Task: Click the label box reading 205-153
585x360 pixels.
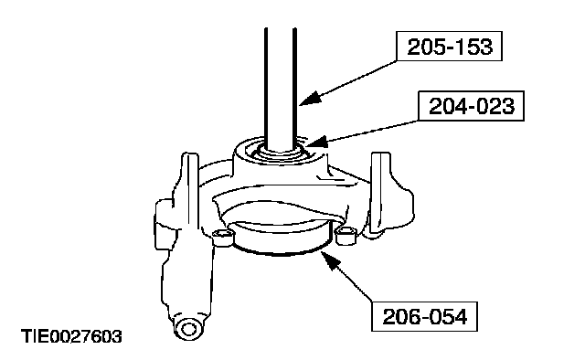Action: click(449, 47)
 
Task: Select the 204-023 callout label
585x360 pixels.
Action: click(472, 106)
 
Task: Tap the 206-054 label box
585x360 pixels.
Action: click(424, 316)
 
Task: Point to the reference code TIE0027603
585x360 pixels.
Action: click(71, 336)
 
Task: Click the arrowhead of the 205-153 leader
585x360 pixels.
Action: click(309, 99)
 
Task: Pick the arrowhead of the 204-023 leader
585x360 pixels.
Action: click(316, 143)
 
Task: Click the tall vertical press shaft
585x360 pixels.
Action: click(281, 89)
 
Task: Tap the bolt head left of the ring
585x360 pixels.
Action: click(223, 238)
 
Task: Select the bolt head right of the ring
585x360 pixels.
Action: click(346, 235)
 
